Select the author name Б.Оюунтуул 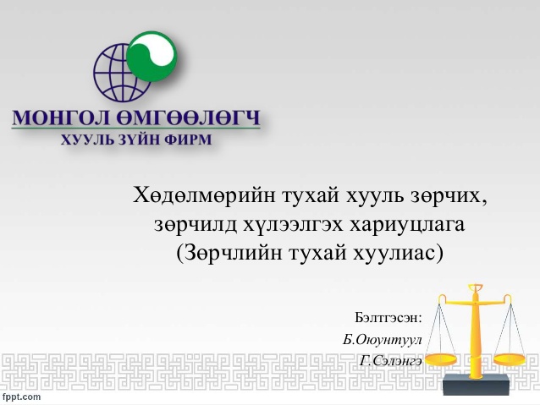coord(383,340)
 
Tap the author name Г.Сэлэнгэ coord(390,361)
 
